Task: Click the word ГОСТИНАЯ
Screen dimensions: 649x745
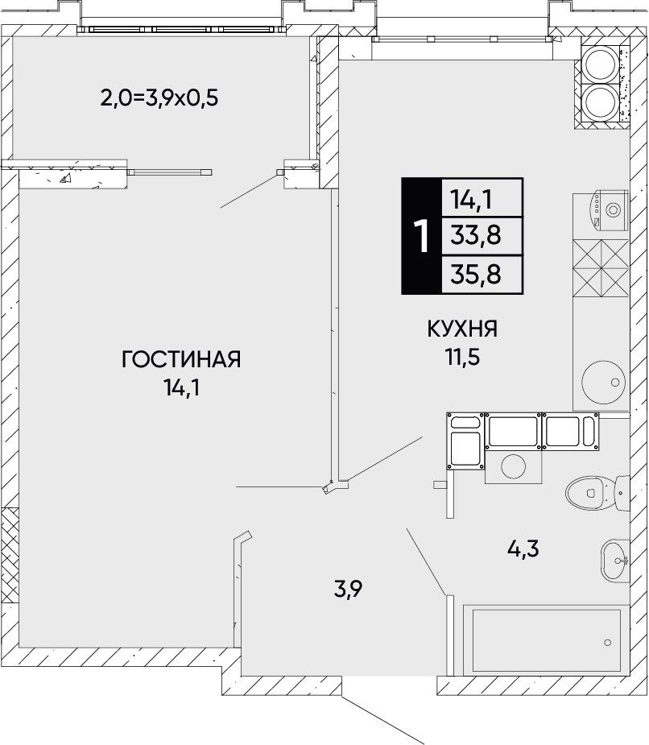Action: coord(181,360)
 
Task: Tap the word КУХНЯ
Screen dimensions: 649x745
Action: coord(462,329)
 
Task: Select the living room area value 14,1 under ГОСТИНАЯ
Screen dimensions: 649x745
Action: coord(181,388)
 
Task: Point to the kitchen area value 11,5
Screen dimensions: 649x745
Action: coord(462,358)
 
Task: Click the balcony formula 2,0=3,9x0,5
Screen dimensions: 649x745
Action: coord(159,98)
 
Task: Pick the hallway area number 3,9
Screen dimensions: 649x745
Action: coord(348,590)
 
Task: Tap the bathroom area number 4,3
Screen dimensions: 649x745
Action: coord(523,549)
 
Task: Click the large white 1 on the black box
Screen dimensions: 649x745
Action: coord(421,236)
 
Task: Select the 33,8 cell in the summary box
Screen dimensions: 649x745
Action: coord(476,236)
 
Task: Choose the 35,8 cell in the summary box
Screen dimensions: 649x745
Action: coord(476,275)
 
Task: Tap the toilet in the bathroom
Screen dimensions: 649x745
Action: coord(597,492)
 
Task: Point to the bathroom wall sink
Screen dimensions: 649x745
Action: coord(615,561)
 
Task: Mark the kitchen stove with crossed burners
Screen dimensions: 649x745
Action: coord(601,267)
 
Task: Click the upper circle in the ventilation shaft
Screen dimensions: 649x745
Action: coord(600,64)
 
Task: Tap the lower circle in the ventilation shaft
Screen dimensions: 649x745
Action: coord(600,102)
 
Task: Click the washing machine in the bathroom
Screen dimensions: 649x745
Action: coord(513,466)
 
